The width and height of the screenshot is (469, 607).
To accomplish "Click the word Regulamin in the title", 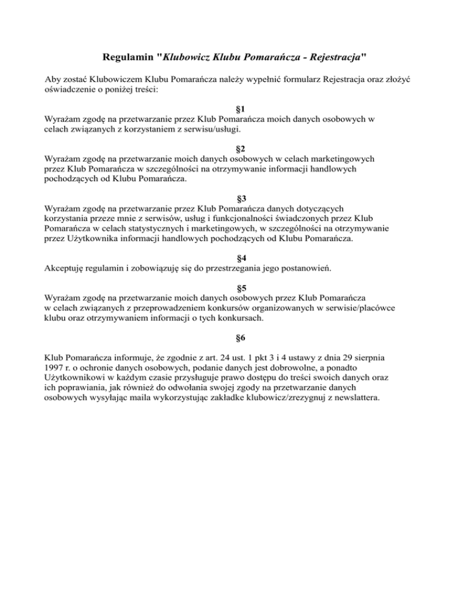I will (126, 59).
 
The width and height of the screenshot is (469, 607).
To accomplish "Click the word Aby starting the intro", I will (54, 79).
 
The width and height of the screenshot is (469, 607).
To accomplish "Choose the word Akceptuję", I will (68, 268).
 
